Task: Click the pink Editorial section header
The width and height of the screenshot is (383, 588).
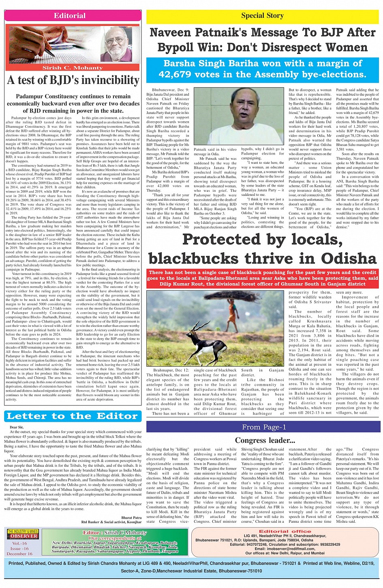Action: tap(70, 16)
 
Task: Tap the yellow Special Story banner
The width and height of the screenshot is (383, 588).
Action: tap(262, 16)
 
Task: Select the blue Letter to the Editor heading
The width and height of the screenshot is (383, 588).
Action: tap(72, 416)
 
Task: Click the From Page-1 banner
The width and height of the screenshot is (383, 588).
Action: tap(264, 427)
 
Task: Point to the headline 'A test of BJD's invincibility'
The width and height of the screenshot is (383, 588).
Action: tap(73, 80)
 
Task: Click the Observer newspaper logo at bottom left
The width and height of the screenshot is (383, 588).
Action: tap(23, 534)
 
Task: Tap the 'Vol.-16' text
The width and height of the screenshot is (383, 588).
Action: tap(19, 543)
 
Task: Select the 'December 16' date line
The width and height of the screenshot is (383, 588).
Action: tap(19, 554)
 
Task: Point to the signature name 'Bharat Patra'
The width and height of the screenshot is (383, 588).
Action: tap(131, 517)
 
